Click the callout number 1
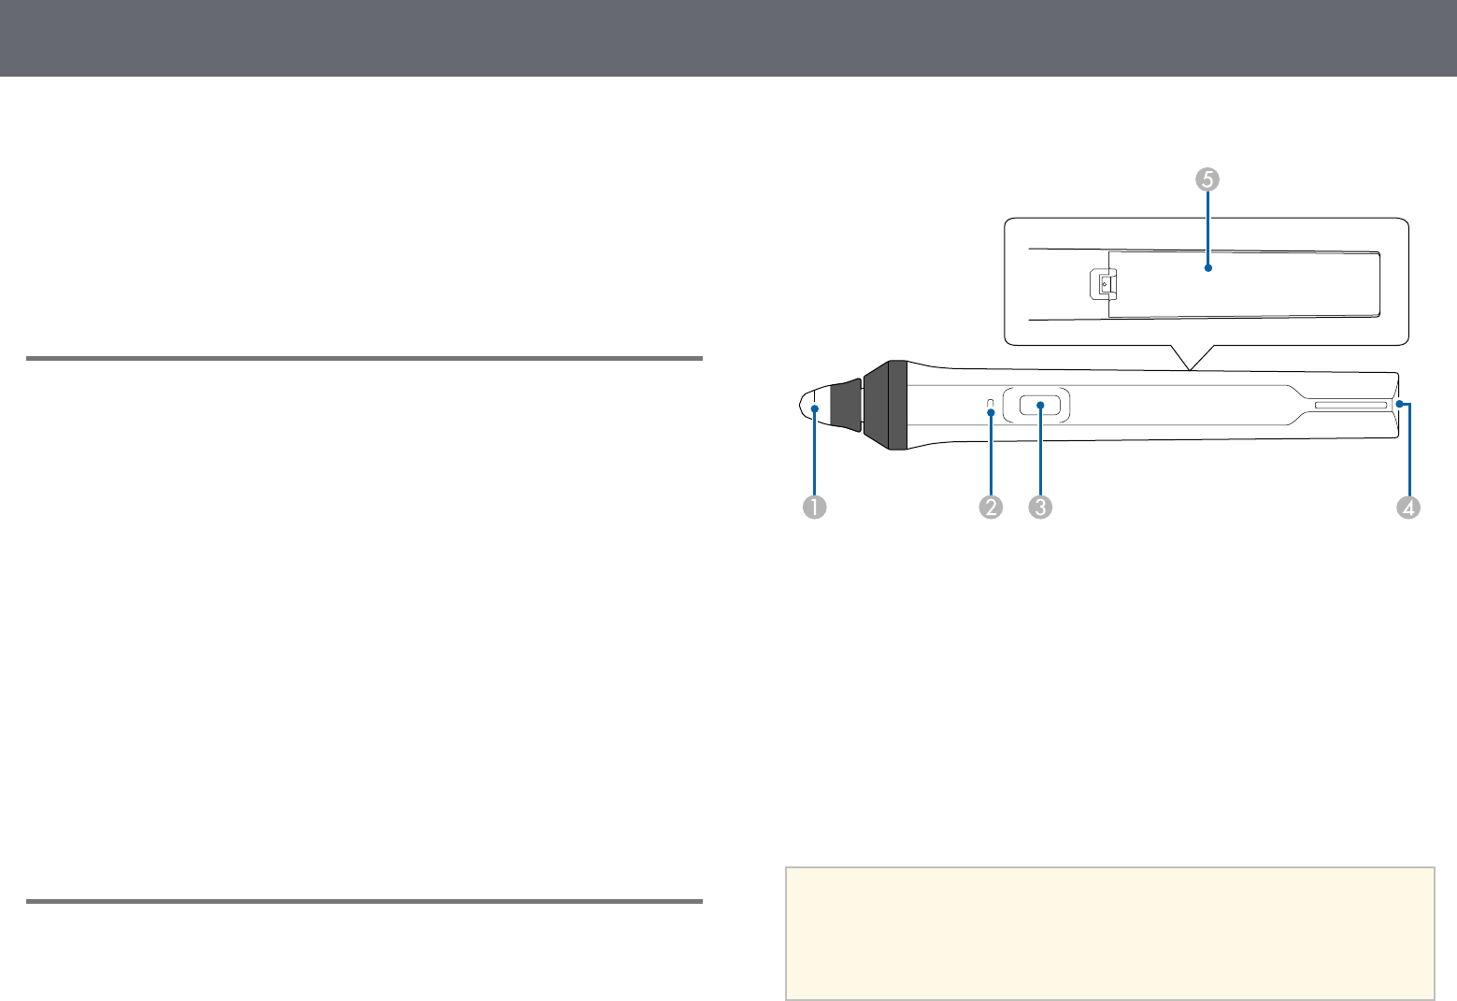tap(814, 508)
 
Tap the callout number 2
tap(991, 508)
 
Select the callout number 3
tap(1040, 508)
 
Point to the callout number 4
tap(1408, 508)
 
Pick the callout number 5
tap(1207, 179)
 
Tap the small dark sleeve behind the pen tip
tap(846, 405)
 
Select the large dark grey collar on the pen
tap(885, 405)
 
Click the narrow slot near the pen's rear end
tap(1350, 406)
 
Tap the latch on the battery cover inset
tap(1103, 285)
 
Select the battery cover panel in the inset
tap(1244, 284)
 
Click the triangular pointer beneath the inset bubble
tap(1191, 357)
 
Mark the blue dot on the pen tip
tap(814, 408)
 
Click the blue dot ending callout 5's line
tap(1207, 268)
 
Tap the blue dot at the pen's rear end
tap(1399, 404)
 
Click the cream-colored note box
tap(1109, 933)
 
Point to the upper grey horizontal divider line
tap(364, 358)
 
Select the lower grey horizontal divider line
tap(364, 902)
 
